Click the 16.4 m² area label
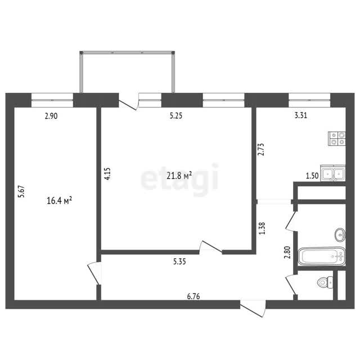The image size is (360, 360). (59, 200)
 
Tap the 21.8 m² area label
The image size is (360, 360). (179, 175)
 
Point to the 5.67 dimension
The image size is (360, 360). (21, 191)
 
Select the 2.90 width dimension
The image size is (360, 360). (51, 116)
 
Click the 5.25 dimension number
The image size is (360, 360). (176, 116)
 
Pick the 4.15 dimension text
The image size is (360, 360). (107, 174)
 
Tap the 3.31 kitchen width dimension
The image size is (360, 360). (301, 115)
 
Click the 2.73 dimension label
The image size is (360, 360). (261, 150)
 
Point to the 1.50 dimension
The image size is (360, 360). (312, 176)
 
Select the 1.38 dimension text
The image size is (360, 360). (262, 228)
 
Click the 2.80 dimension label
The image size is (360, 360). (287, 252)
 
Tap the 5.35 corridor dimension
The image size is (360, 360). (179, 261)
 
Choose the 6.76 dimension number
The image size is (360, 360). (193, 296)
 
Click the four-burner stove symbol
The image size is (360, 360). (337, 139)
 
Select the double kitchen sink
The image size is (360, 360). (333, 173)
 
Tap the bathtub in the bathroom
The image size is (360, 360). (321, 256)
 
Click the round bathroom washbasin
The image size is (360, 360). (340, 235)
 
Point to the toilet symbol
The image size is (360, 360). (325, 282)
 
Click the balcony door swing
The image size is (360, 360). (128, 103)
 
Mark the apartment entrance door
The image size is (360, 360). (253, 309)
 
